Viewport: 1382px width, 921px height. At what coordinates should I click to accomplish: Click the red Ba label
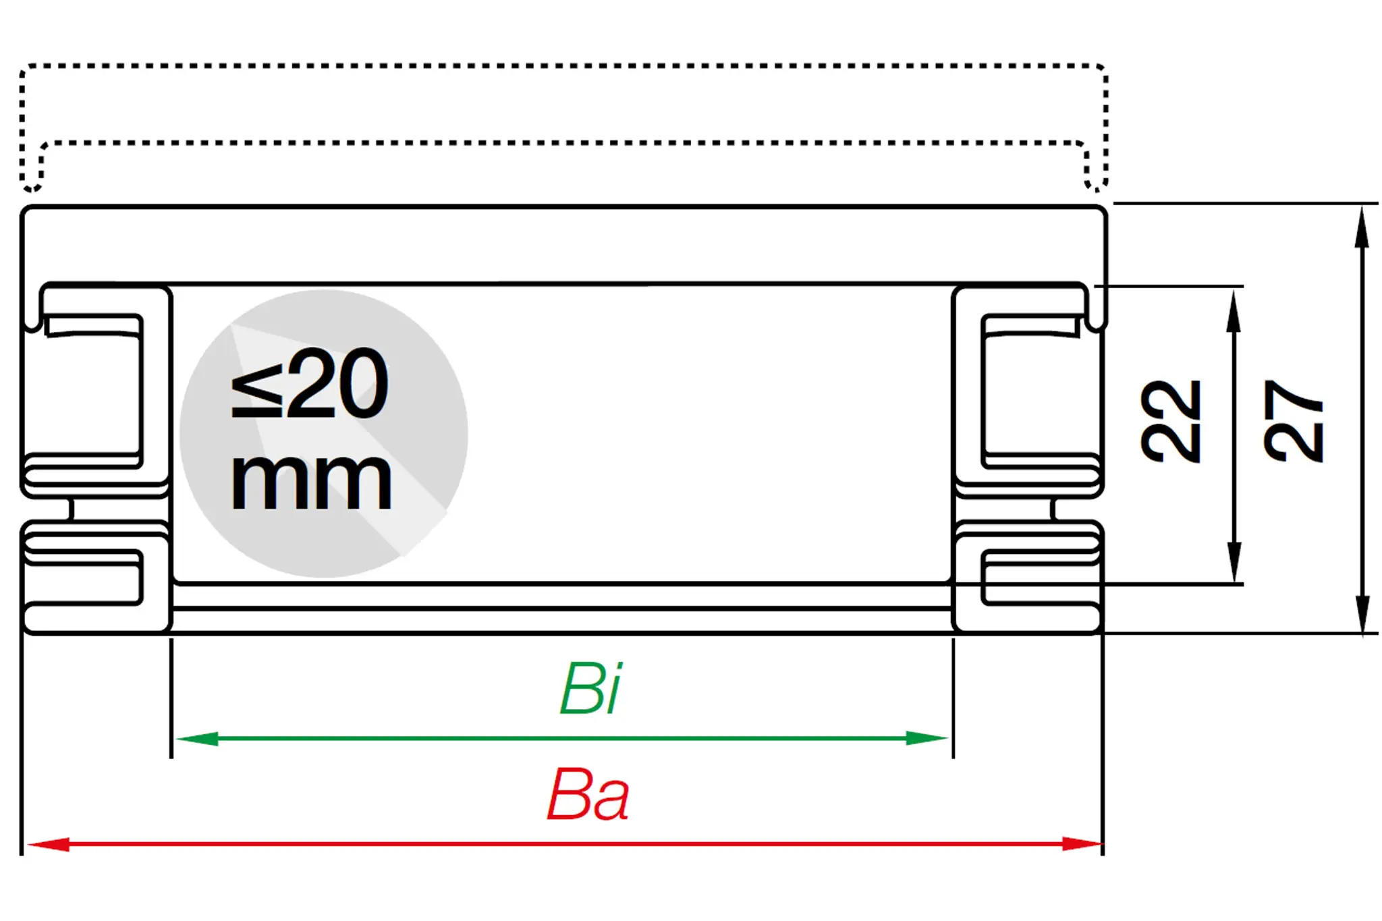pos(588,795)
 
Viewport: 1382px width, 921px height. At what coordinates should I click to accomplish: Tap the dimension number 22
pos(1171,421)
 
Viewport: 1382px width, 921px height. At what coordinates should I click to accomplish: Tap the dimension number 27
pos(1293,421)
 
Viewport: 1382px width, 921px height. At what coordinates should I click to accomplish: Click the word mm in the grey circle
pos(310,480)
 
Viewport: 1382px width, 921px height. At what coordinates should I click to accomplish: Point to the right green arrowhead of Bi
pos(927,738)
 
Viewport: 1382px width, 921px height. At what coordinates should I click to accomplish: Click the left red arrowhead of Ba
pos(47,844)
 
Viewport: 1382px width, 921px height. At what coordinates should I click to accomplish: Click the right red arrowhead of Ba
pos(1082,844)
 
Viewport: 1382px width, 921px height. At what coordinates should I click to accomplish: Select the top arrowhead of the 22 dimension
pos(1234,311)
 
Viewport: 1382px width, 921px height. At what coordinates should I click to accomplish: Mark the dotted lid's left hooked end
pos(31,179)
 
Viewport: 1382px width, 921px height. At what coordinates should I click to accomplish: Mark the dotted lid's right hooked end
pos(1097,179)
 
